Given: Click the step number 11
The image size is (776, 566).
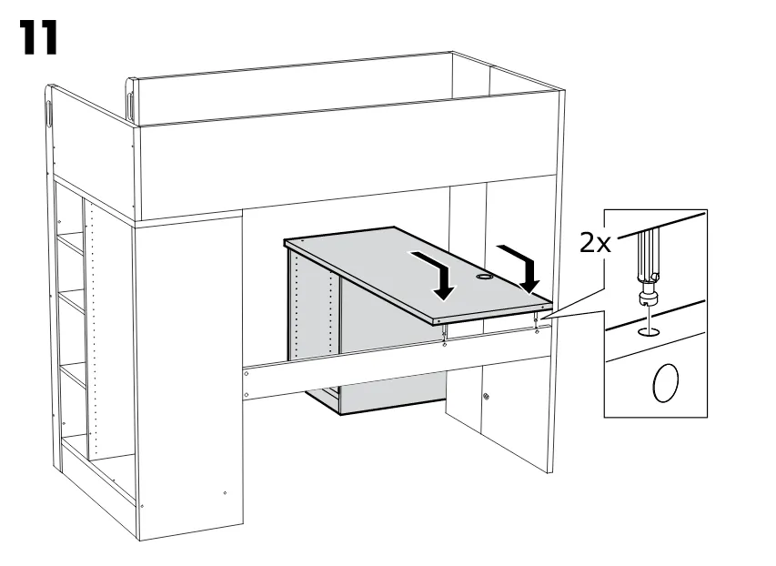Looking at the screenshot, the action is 39,37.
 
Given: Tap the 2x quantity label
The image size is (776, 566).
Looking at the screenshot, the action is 595,243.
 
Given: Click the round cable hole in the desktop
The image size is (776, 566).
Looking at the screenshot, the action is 483,278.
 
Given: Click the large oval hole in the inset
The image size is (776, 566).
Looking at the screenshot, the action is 666,383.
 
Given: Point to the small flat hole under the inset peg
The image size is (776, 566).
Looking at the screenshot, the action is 648,332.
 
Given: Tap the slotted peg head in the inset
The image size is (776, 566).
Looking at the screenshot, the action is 648,298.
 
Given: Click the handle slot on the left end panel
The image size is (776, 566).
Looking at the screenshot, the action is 50,115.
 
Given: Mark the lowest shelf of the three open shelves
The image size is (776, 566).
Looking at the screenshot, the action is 73,374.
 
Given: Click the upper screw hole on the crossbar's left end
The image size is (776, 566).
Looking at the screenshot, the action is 246,373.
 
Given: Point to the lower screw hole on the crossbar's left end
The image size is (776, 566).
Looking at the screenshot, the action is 247,395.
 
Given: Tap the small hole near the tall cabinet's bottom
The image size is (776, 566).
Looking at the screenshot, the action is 226,492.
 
